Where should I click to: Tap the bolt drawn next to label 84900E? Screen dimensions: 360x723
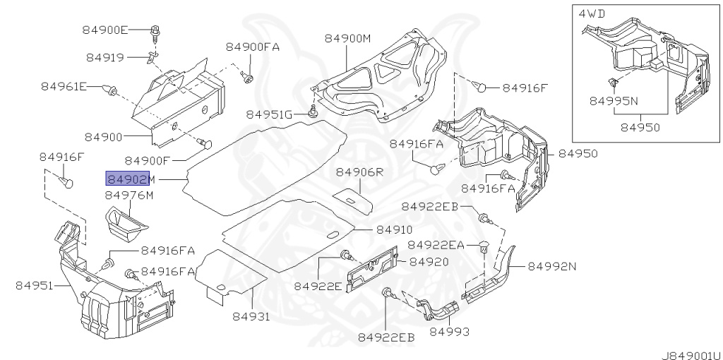coord(155,31)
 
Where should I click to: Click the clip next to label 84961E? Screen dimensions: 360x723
coord(110,89)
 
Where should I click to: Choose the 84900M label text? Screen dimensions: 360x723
coord(347,38)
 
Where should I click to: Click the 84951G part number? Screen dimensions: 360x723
coord(269,114)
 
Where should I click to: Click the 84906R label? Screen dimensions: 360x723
coord(359,172)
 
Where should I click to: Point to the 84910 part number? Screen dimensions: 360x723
coord(394,229)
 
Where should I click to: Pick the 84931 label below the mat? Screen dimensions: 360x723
coord(251,317)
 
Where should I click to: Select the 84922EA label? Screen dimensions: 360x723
coord(436,244)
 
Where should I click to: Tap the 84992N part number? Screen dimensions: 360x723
coord(552,266)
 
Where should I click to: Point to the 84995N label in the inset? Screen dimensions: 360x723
coord(614,101)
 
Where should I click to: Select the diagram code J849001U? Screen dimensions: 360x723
coord(691,351)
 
